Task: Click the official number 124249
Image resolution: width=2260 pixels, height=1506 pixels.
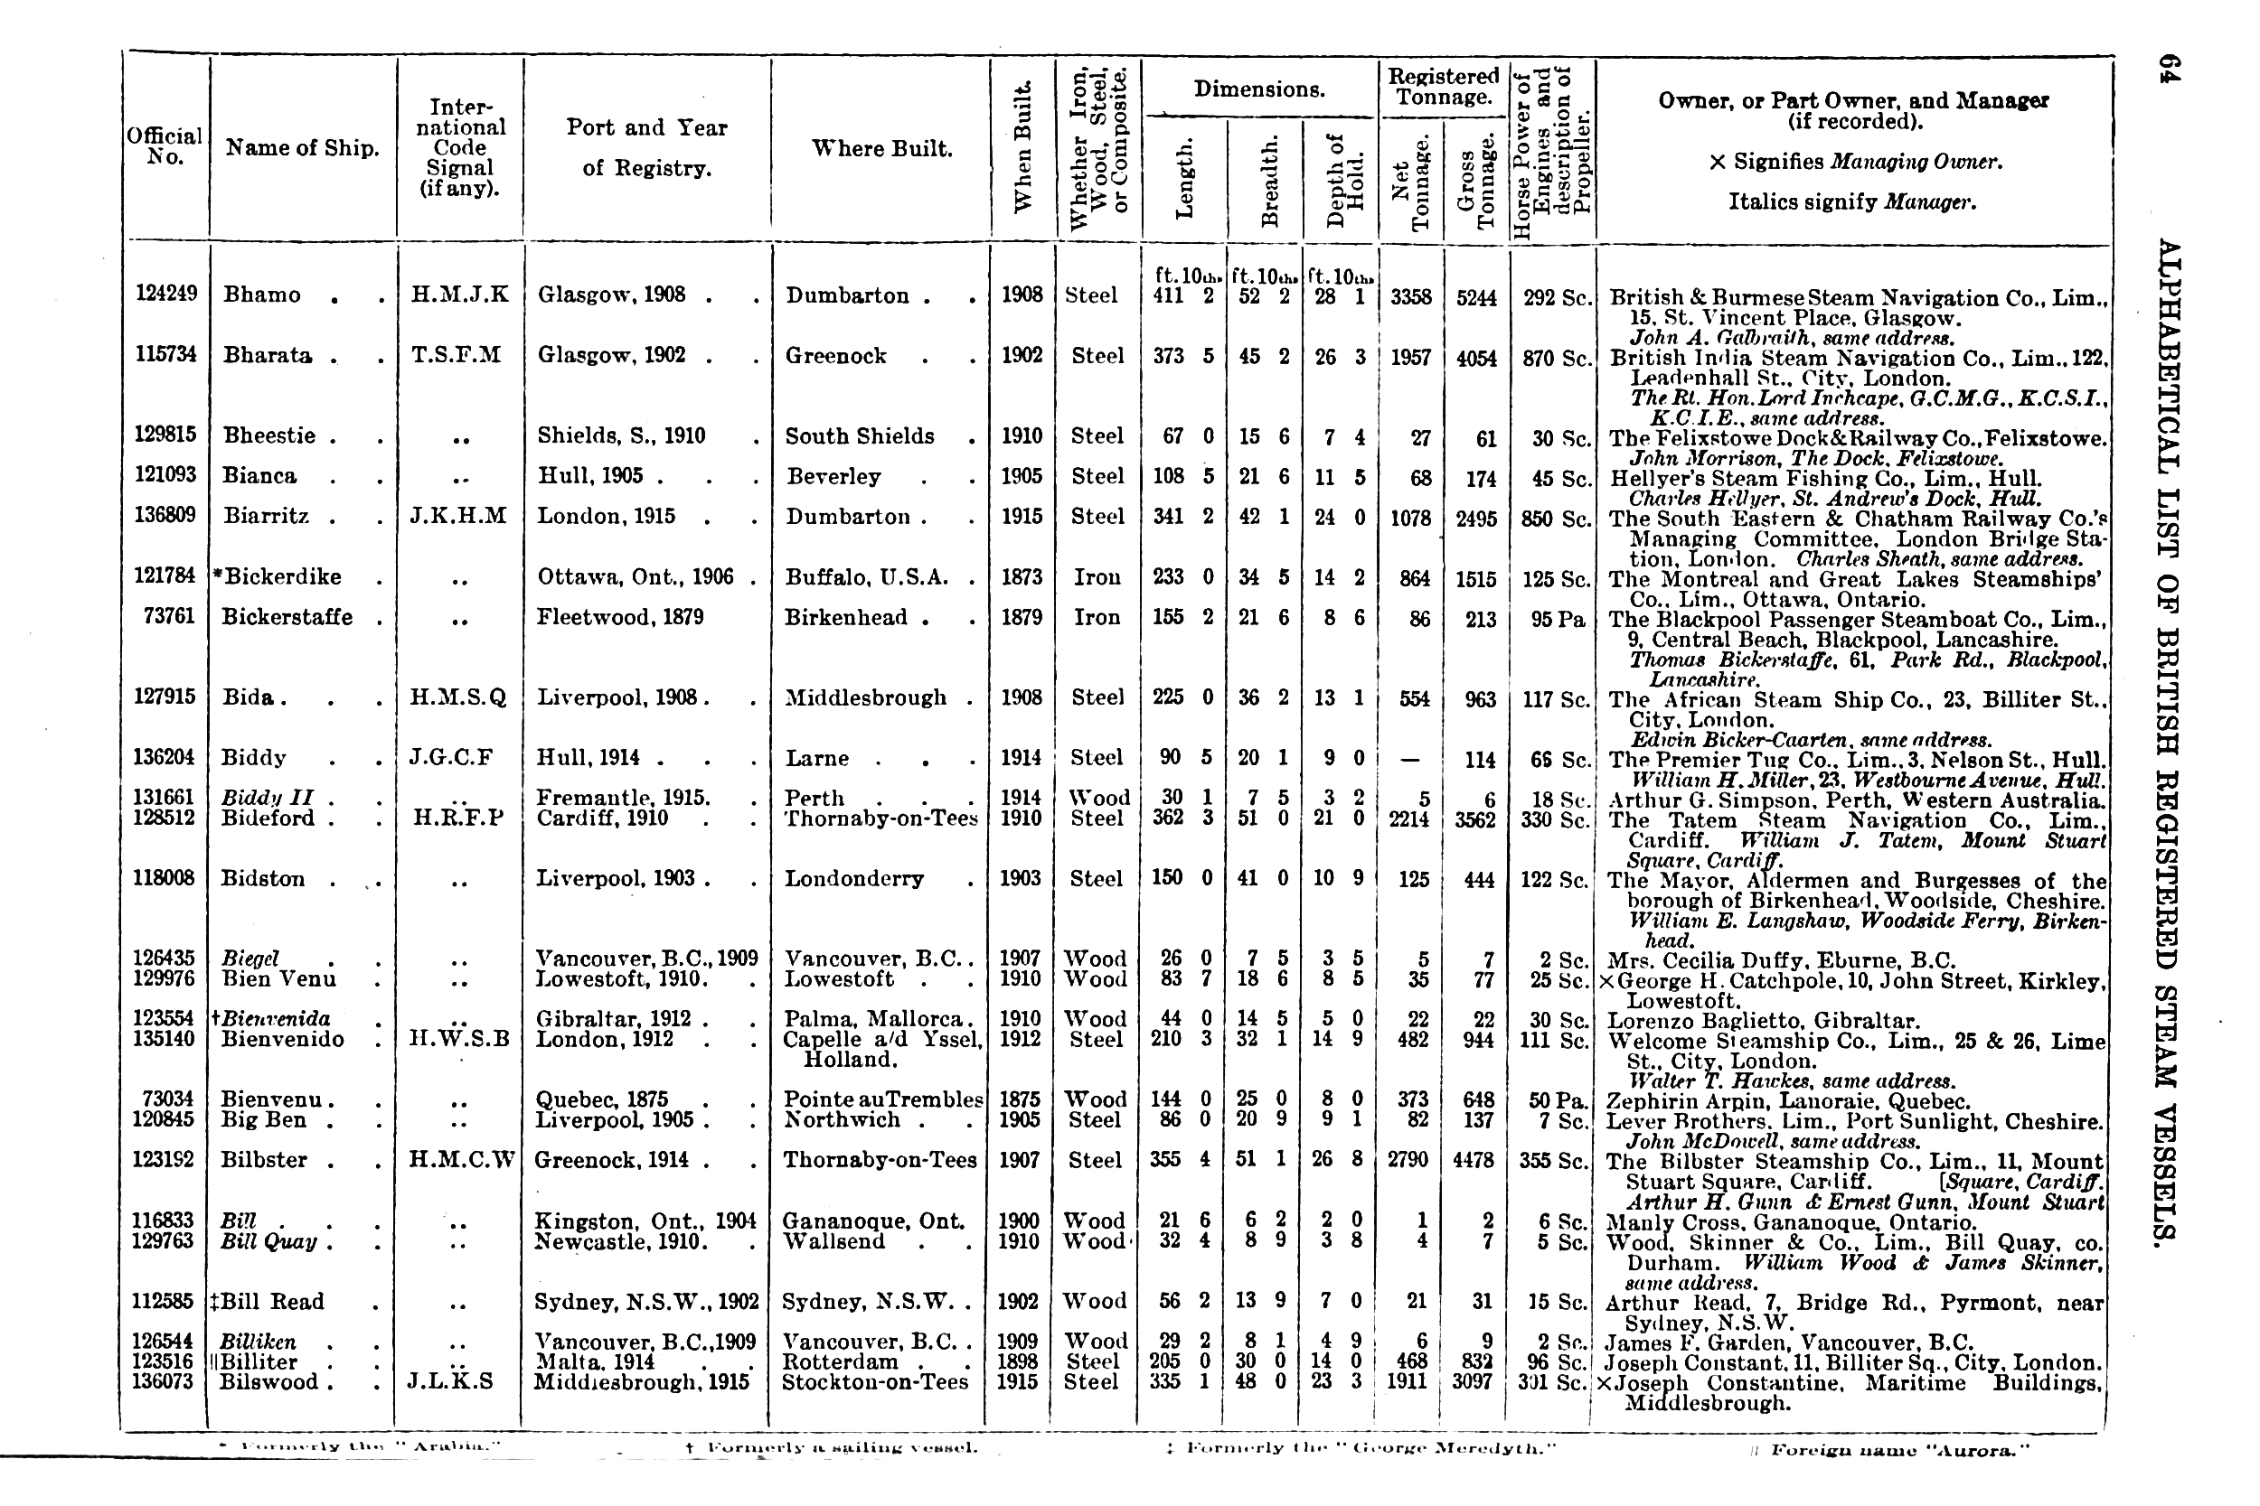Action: [x=165, y=293]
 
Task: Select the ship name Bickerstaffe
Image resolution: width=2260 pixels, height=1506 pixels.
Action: [x=287, y=617]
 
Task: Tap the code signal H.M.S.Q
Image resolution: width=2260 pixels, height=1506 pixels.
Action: [x=459, y=697]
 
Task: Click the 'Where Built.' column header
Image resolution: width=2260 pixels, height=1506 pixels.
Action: [x=881, y=148]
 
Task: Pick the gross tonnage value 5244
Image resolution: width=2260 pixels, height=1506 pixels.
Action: [x=1476, y=298]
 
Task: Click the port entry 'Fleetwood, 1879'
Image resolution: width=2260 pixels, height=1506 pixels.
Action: [x=620, y=617]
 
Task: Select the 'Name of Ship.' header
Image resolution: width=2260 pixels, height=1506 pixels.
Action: [x=302, y=148]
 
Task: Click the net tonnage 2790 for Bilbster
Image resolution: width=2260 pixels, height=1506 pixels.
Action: [x=1408, y=1160]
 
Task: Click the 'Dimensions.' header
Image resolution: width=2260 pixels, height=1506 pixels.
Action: [x=1258, y=89]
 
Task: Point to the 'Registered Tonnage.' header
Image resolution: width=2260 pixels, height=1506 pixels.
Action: [x=1444, y=87]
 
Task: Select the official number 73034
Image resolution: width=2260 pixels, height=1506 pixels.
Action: [x=168, y=1099]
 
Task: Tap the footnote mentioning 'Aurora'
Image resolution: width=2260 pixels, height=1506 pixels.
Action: [x=1889, y=1450]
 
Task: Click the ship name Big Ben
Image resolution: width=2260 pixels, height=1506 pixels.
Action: [x=262, y=1120]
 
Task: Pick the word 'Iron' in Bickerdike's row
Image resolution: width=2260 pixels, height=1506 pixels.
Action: [x=1097, y=577]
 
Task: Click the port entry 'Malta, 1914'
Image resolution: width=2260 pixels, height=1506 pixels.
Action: [x=595, y=1362]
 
